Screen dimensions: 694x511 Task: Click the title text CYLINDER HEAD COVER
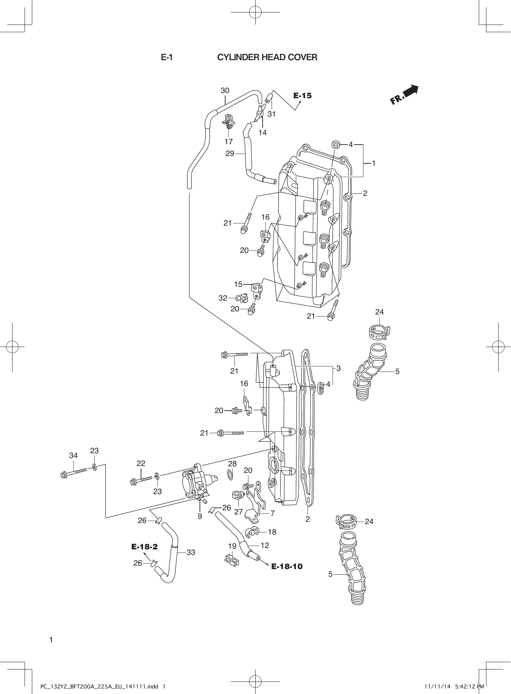point(267,57)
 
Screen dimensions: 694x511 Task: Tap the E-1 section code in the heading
point(167,57)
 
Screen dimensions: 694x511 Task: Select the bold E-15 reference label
point(302,95)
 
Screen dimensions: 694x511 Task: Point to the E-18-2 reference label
point(144,547)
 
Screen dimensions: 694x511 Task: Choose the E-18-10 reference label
point(287,566)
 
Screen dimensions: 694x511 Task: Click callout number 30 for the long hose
point(225,91)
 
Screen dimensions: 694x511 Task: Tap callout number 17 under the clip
point(228,141)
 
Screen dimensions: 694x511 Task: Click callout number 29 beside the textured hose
point(230,154)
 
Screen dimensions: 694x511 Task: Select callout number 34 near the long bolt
point(73,456)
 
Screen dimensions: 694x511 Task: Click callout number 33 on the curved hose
point(191,553)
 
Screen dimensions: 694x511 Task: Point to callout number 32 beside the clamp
point(223,298)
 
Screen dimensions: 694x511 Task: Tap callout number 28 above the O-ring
point(232,464)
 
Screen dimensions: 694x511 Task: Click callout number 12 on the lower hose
point(265,545)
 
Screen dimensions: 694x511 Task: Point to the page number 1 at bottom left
point(51,640)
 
